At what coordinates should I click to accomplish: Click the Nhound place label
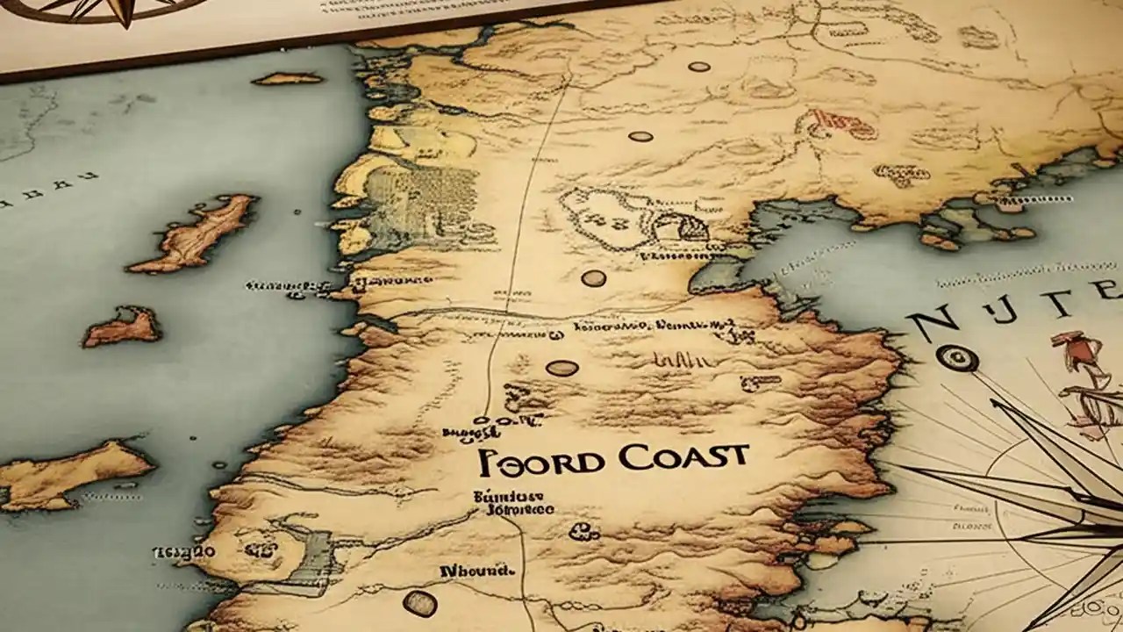click(477, 571)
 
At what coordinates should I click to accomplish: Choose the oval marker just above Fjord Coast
click(562, 368)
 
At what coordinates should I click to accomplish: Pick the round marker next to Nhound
click(419, 602)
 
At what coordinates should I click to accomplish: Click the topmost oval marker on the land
click(699, 67)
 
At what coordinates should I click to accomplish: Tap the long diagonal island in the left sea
click(195, 233)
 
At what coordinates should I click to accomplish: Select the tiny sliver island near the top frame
click(287, 79)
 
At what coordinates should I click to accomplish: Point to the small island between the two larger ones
click(123, 327)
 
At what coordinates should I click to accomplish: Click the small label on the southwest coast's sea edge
click(184, 552)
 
